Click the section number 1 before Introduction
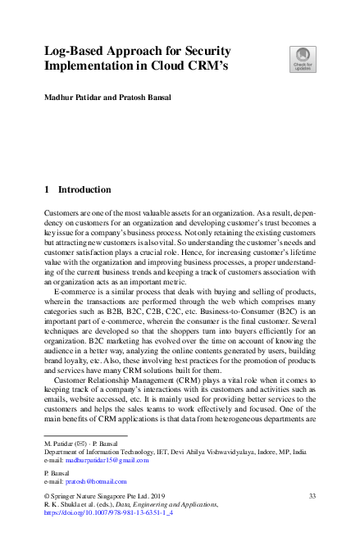click(x=47, y=189)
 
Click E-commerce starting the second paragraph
click(x=75, y=292)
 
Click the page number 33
click(x=312, y=497)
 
